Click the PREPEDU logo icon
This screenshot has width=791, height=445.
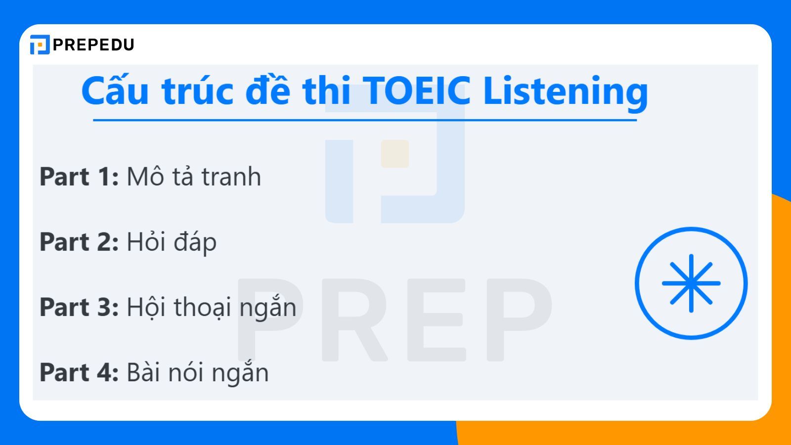coord(40,44)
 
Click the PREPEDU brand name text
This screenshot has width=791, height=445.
coord(93,45)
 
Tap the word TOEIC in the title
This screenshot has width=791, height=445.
coord(417,91)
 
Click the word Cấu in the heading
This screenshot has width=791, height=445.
coord(115,91)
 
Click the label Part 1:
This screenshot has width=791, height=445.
coord(79,177)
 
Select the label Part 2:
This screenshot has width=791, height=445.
coord(79,242)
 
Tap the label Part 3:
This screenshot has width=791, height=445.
coord(79,307)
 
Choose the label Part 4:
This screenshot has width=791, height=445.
coord(79,372)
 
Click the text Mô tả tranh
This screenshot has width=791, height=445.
coord(194,177)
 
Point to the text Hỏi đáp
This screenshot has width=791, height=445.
coord(172,242)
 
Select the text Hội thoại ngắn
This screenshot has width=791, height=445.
coord(212,308)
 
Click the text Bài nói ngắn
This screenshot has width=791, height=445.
coord(198,373)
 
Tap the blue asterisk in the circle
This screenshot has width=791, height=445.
coord(691,283)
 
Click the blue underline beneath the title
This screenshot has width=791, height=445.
coord(365,120)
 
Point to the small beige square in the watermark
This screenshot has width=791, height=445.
coord(395,154)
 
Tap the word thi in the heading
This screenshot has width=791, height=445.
coord(327,91)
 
